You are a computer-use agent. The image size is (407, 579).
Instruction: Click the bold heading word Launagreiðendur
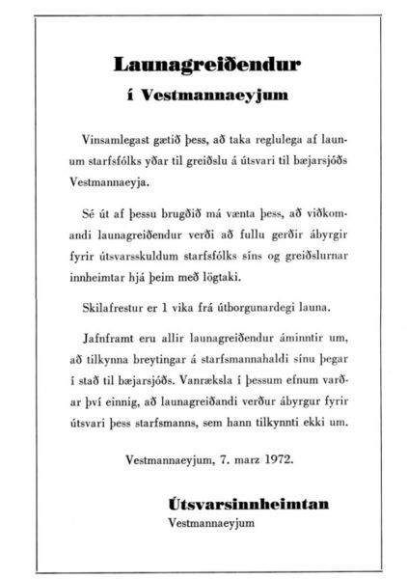[203, 65]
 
